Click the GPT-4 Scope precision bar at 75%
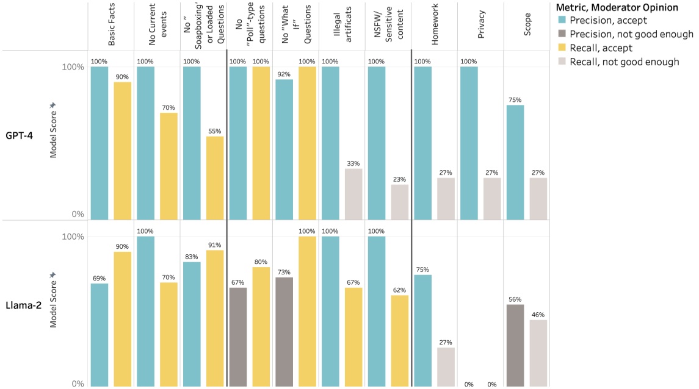click(x=515, y=162)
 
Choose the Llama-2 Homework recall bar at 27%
click(x=446, y=366)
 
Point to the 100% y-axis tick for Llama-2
click(x=73, y=237)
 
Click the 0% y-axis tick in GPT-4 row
click(x=77, y=215)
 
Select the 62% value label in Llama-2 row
click(x=399, y=290)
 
